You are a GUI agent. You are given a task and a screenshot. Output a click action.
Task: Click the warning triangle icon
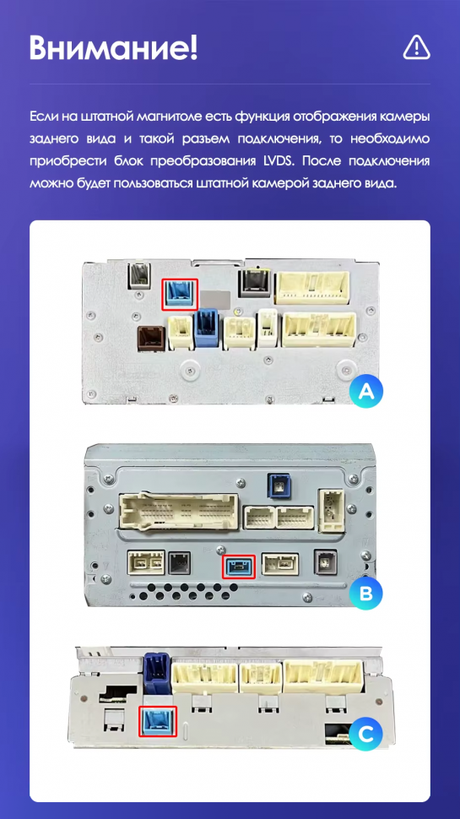point(417,47)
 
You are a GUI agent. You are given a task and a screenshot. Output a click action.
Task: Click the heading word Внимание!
point(114,48)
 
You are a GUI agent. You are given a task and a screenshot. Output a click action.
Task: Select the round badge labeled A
point(366,391)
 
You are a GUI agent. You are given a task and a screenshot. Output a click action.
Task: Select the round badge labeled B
point(366,593)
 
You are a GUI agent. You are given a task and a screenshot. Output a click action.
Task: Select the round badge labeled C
point(366,735)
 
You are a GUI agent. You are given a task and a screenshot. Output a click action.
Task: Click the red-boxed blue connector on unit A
point(181,293)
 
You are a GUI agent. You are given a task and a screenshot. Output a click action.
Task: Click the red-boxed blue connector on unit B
point(239,567)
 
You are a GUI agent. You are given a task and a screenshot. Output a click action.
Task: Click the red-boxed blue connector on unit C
point(158,721)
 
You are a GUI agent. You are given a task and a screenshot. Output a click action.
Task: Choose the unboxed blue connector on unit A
point(205,329)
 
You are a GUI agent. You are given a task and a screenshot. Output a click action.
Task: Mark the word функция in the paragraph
point(262,116)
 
